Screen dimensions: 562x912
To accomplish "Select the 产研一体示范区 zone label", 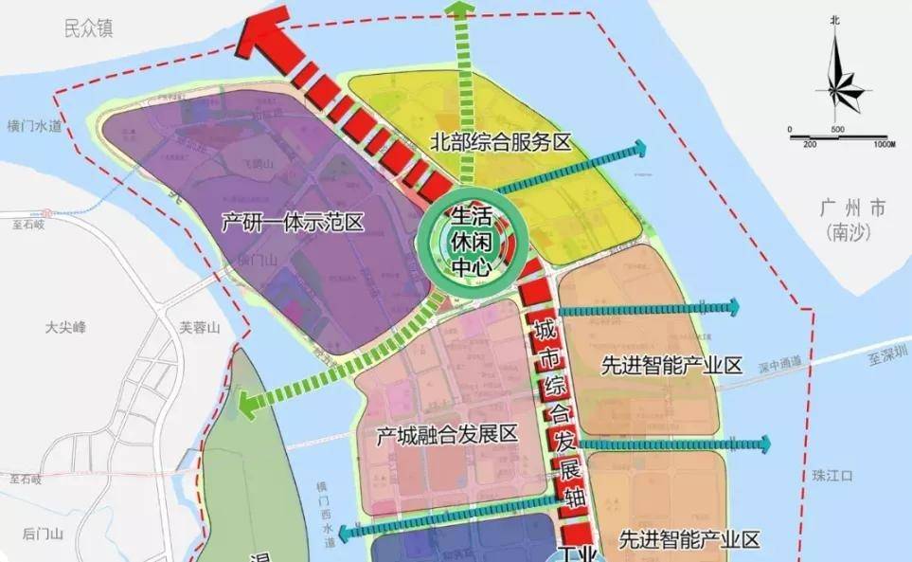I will [293, 224].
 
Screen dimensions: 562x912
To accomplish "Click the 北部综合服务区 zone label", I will [502, 142].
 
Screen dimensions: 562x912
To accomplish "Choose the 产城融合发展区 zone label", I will [447, 435].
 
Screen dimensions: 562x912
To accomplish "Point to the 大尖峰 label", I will [65, 327].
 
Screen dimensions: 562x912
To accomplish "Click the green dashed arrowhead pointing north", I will [461, 12].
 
